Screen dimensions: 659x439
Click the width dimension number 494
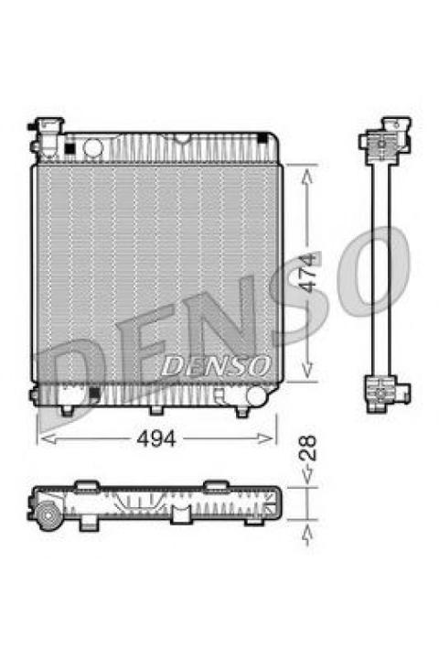(155, 439)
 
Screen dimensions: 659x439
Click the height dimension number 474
(312, 272)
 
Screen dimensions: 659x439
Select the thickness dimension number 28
(310, 448)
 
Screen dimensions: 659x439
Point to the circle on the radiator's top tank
(92, 146)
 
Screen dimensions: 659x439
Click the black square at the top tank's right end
(263, 138)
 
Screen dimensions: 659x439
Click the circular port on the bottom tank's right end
(256, 396)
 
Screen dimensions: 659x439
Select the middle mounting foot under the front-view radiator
(156, 408)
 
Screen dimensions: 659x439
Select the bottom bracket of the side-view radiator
(386, 394)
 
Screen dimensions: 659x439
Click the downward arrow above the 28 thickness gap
(309, 476)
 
